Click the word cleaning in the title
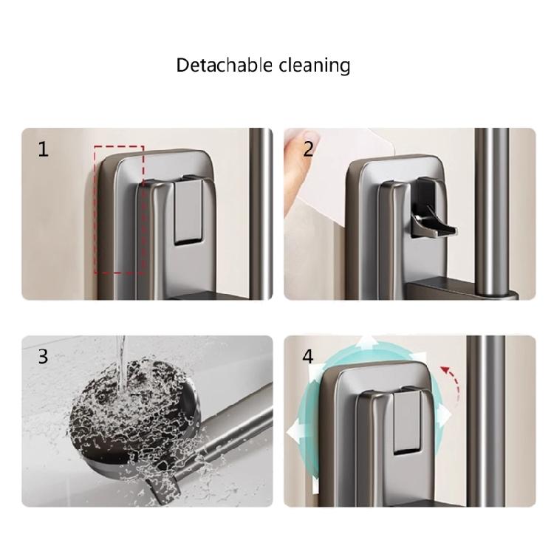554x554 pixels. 314,66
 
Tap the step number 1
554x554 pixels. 43,150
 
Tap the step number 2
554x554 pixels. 309,150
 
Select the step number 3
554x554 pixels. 43,357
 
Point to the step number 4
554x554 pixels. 307,357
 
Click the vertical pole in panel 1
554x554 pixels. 259,214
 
